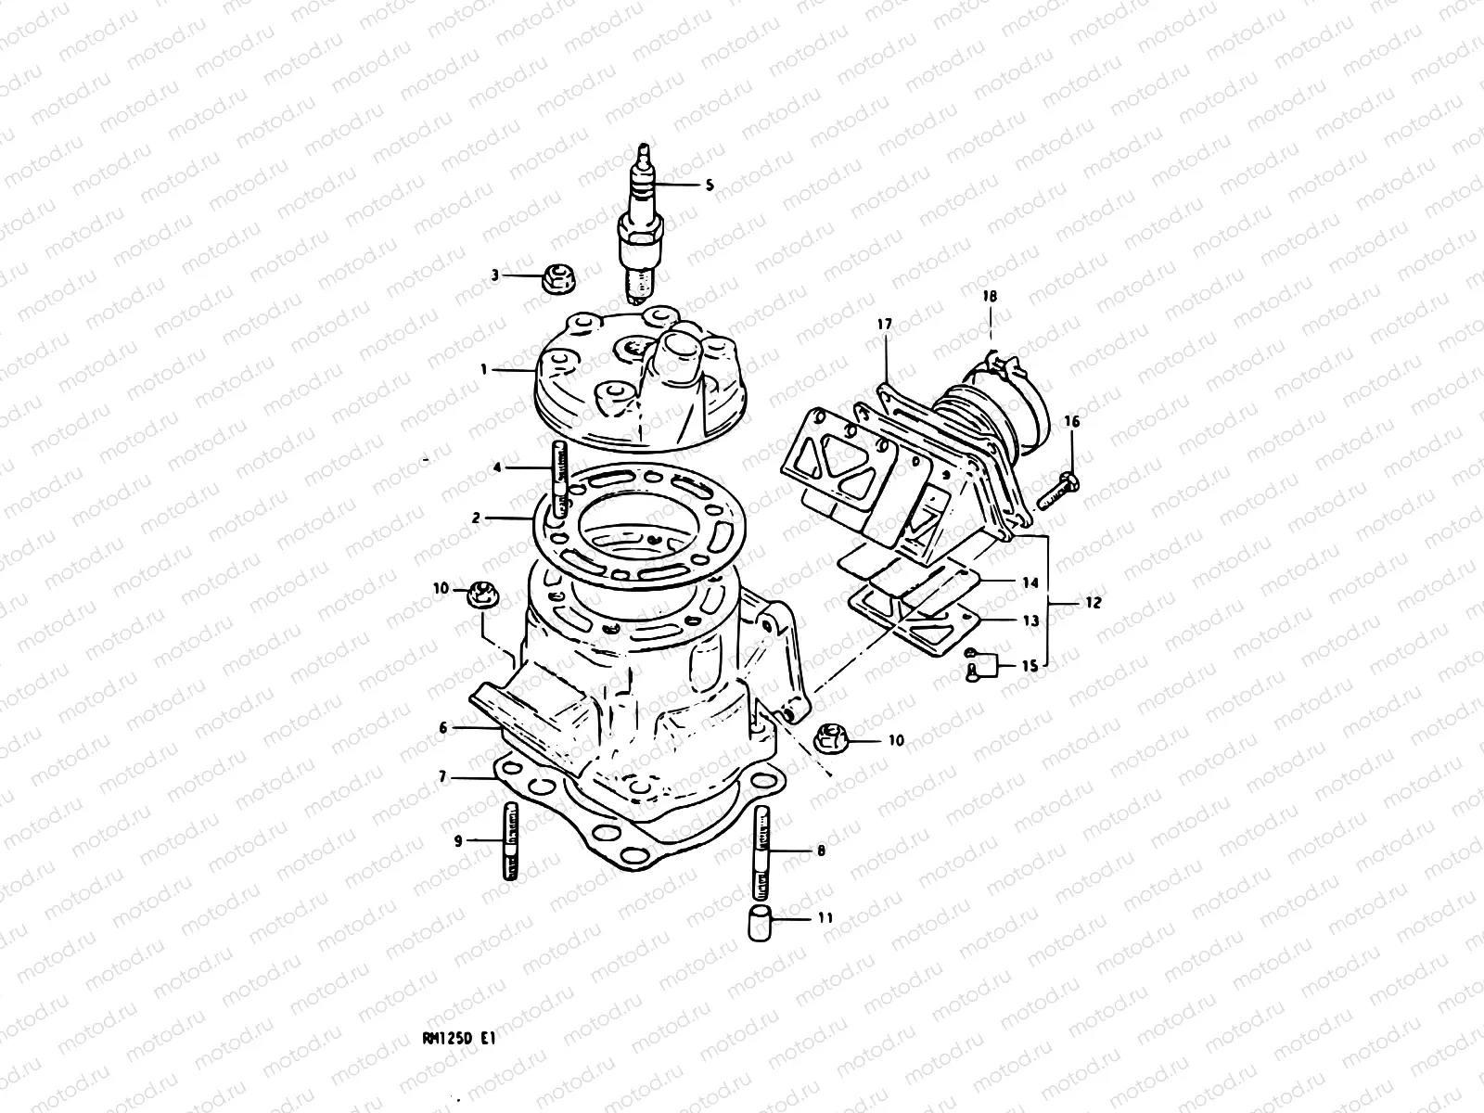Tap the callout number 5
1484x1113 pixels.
710,185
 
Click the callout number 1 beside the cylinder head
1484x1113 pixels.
483,369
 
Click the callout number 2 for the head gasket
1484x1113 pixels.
476,518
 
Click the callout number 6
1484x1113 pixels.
443,728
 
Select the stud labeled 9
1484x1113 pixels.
510,841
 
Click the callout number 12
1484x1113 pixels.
1092,603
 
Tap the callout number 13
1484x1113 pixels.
1030,621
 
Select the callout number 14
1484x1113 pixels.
1030,583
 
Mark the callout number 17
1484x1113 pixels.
883,324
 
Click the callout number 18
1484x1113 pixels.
990,296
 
